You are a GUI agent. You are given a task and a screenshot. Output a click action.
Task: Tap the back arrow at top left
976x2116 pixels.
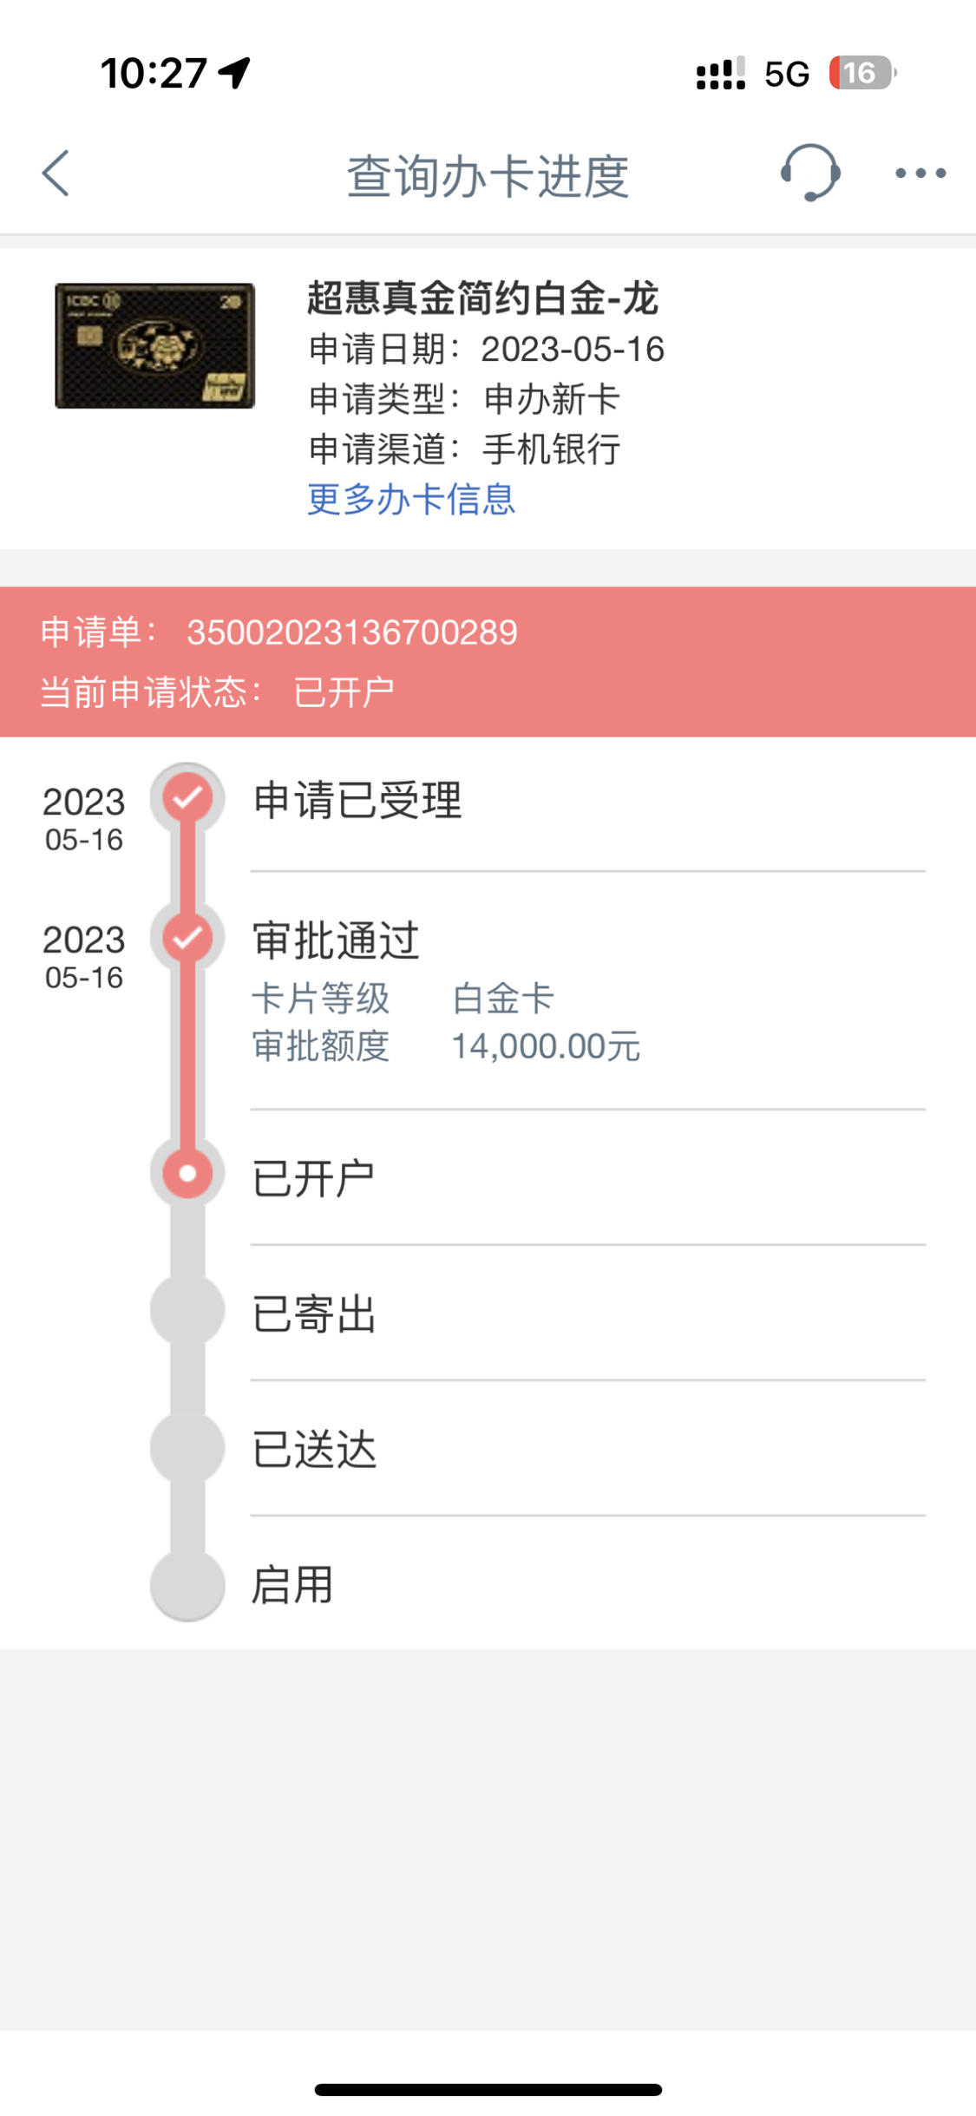(56, 174)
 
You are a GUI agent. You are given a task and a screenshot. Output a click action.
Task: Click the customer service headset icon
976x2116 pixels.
(810, 173)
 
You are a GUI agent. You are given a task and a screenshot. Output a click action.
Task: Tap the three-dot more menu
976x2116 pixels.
(920, 174)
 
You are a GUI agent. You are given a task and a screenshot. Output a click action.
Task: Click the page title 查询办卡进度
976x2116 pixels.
(488, 176)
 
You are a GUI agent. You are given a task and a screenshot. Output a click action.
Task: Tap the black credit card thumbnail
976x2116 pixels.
(154, 345)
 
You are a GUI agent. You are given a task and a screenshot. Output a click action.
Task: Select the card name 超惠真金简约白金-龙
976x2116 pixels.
(483, 298)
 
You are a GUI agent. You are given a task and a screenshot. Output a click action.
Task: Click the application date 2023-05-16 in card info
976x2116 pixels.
(573, 350)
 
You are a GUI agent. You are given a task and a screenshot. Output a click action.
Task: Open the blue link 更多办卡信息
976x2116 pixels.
(411, 500)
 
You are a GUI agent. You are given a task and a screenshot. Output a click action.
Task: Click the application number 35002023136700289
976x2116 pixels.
(352, 632)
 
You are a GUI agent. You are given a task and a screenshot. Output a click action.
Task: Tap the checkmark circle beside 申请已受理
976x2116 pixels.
(187, 797)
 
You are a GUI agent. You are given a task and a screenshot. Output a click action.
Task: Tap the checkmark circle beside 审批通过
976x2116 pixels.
(187, 937)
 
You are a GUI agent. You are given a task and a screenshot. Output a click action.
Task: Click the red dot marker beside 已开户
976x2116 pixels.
(187, 1174)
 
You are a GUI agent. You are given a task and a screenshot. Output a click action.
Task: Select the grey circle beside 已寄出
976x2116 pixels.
(187, 1310)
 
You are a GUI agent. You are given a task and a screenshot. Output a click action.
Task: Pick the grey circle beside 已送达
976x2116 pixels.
(187, 1447)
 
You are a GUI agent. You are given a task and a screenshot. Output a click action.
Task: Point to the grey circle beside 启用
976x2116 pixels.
(187, 1585)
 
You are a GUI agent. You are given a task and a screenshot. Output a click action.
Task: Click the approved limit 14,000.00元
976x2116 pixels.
(546, 1046)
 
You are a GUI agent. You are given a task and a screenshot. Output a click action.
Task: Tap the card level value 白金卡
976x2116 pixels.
(503, 999)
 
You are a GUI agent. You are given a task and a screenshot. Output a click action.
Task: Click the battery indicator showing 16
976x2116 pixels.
(862, 73)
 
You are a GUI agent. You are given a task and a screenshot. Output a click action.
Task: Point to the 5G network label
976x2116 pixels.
(787, 75)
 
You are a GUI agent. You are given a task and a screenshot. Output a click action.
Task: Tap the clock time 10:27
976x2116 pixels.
(154, 73)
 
